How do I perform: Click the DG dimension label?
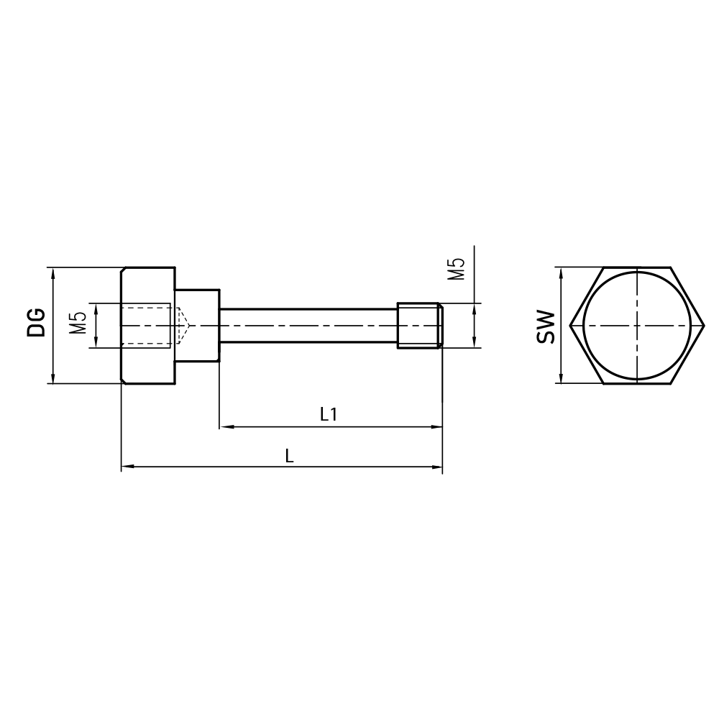coord(37,322)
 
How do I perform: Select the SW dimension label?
coord(546,326)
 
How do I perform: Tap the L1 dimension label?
coord(329,414)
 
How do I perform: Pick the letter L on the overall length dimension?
coord(289,455)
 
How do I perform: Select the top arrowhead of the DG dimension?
coord(52,273)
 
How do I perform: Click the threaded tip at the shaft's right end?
coord(420,326)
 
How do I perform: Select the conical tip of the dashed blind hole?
coord(183,326)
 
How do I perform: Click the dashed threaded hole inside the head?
coord(147,326)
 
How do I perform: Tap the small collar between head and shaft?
coord(197,326)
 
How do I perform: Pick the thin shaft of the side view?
coord(309,326)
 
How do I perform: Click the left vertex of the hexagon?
coord(570,326)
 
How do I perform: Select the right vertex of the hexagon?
coord(702,326)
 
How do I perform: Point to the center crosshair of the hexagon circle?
coord(636,326)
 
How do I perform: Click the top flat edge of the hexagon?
coord(636,267)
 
